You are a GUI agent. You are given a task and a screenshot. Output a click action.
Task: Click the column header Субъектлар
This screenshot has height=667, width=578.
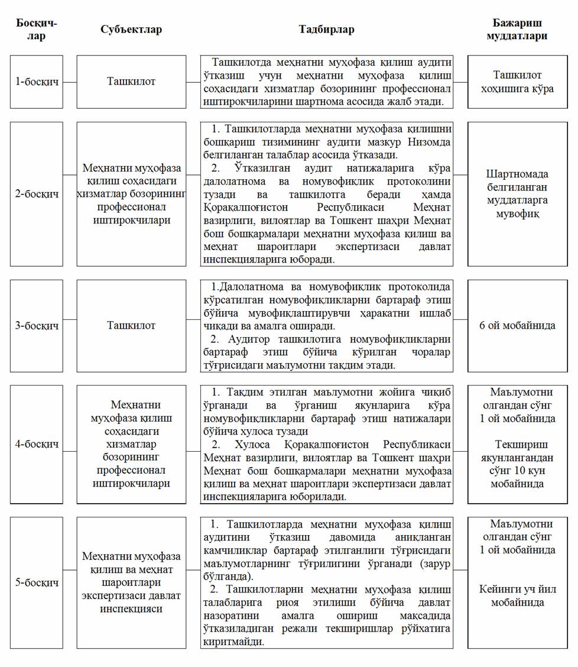click(131, 30)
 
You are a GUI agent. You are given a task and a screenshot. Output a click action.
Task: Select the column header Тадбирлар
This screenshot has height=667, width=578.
click(326, 30)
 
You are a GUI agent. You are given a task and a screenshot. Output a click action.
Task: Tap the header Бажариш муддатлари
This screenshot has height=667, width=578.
click(517, 30)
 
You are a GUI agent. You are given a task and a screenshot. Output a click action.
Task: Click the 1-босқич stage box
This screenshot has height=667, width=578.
click(37, 82)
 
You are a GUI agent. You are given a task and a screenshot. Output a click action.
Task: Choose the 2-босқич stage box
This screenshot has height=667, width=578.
click(37, 194)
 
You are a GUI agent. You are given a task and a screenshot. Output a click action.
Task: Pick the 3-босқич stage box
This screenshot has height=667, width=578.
click(37, 326)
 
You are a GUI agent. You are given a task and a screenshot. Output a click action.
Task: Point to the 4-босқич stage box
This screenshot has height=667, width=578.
click(37, 444)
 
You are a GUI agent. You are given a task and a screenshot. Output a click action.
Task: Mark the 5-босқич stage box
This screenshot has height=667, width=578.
click(37, 582)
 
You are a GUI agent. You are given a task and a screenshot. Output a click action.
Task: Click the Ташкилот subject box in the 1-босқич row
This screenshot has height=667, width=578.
click(131, 82)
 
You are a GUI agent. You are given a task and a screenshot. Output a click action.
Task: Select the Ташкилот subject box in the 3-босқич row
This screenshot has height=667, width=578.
click(131, 326)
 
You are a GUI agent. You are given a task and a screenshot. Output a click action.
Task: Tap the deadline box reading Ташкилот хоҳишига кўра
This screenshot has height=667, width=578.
click(517, 82)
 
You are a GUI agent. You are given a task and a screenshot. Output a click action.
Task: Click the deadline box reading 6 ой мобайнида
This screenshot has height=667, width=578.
click(517, 326)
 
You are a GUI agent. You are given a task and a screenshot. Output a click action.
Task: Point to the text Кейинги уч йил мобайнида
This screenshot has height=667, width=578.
click(517, 596)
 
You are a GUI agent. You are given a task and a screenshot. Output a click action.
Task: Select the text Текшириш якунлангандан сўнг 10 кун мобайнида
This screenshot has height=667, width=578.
click(517, 464)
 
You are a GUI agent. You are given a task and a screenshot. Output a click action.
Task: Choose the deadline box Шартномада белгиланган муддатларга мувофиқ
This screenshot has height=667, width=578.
click(517, 194)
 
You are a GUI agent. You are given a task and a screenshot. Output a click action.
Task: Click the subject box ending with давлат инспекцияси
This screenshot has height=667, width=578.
click(131, 582)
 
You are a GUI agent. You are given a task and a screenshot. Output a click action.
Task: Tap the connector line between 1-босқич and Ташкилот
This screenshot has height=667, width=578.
click(70, 82)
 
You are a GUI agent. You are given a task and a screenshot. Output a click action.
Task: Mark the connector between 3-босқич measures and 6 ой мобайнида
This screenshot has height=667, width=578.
click(460, 320)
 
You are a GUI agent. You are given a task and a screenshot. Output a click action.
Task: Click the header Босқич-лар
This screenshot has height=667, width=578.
click(37, 30)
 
